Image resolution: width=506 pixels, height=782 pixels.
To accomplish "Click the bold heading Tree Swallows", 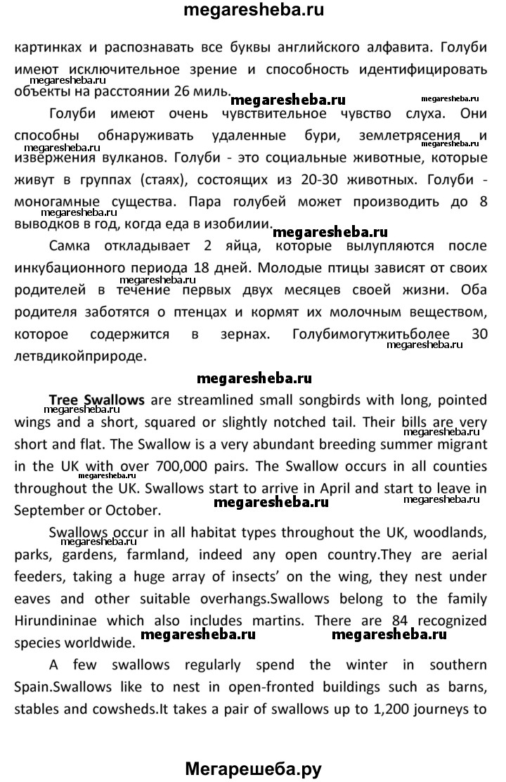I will (x=96, y=400).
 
